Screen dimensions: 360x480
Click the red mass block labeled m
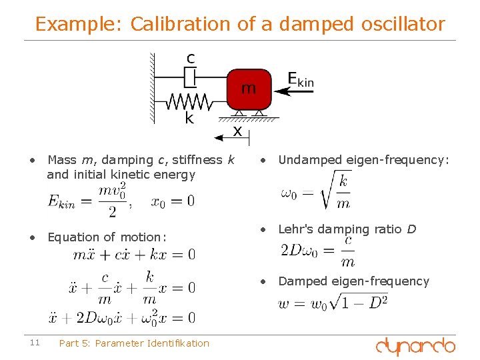pos(249,89)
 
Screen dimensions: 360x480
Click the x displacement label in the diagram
pos(237,131)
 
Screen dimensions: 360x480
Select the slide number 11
pos(35,343)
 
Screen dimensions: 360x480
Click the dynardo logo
pos(415,346)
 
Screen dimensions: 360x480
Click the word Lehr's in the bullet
pos(295,229)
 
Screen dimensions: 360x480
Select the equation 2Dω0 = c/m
pos(319,251)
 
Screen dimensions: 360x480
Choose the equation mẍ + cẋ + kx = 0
pos(134,255)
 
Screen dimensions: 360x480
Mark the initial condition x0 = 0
pos(173,201)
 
